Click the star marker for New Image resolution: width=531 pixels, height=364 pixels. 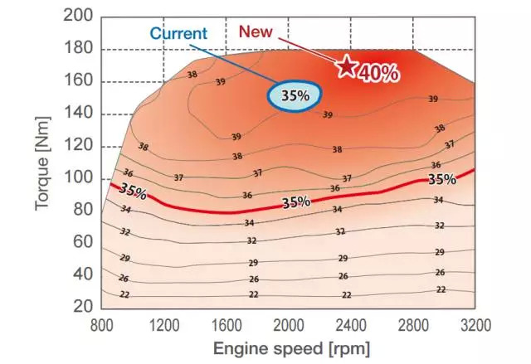pyautogui.click(x=345, y=66)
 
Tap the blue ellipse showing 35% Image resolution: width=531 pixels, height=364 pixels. pyautogui.click(x=295, y=96)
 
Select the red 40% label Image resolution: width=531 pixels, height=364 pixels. pyautogui.click(x=378, y=74)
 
